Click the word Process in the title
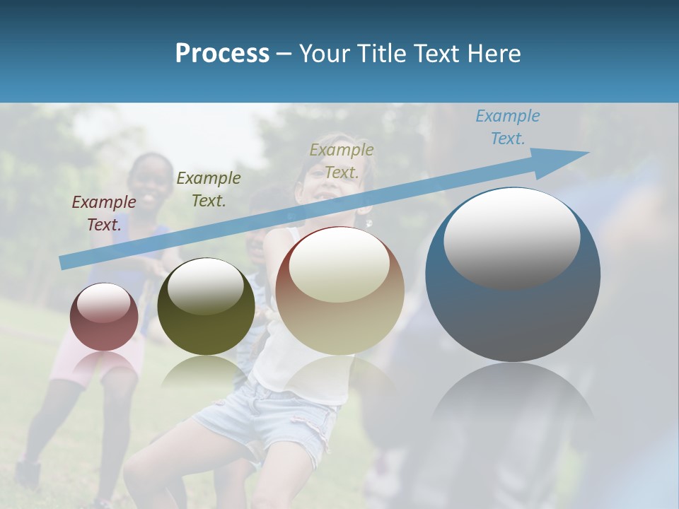pyautogui.click(x=222, y=53)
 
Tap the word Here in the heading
pyautogui.click(x=492, y=53)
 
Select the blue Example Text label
pyautogui.click(x=507, y=127)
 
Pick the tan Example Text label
pyautogui.click(x=341, y=161)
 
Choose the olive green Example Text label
pyautogui.click(x=208, y=189)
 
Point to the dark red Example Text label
pyautogui.click(x=104, y=213)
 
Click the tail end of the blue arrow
pyautogui.click(x=64, y=262)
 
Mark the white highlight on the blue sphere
pyautogui.click(x=511, y=237)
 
